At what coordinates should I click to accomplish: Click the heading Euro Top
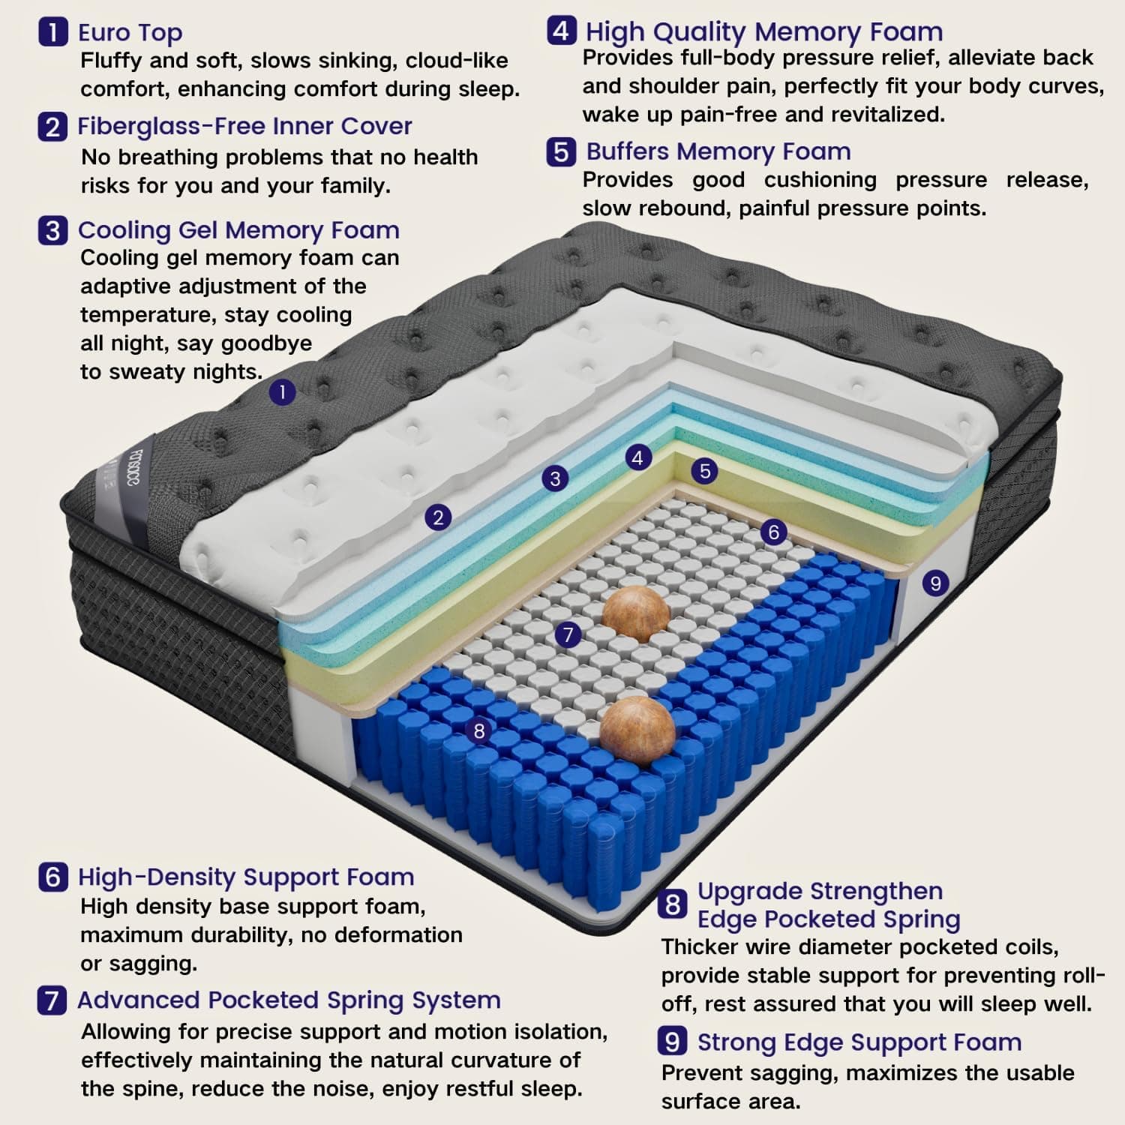[x=130, y=32]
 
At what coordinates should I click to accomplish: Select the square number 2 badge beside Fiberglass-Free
[x=52, y=126]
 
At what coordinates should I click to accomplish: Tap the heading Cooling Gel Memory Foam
[x=238, y=229]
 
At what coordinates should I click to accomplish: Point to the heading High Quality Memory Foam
[x=764, y=31]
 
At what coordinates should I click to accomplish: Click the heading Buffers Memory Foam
[x=718, y=151]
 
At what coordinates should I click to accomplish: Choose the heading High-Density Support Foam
[x=246, y=877]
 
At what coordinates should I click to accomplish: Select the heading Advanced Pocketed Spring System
[x=289, y=1000]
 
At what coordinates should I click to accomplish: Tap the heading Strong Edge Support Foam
[x=859, y=1042]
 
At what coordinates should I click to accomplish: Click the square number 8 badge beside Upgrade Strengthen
[x=673, y=904]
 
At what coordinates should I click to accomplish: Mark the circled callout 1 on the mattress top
[x=282, y=391]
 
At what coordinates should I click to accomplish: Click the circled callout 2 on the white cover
[x=438, y=517]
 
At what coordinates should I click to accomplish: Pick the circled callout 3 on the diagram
[x=555, y=478]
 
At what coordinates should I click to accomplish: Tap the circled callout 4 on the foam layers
[x=637, y=457]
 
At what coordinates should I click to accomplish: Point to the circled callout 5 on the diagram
[x=704, y=471]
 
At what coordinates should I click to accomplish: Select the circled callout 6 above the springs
[x=774, y=532]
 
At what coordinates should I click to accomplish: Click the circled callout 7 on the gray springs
[x=568, y=635]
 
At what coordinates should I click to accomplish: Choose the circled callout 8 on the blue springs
[x=479, y=730]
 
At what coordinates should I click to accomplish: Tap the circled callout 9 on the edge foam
[x=935, y=583]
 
